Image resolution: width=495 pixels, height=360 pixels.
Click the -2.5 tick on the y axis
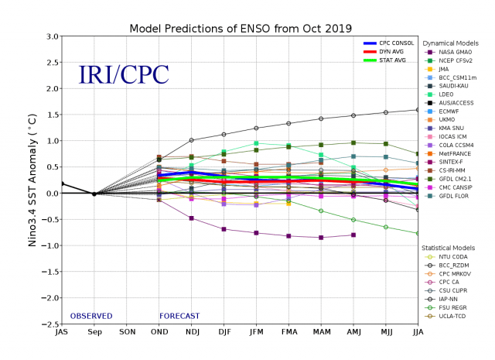[x=49, y=324]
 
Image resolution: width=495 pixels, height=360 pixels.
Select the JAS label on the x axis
[x=61, y=333]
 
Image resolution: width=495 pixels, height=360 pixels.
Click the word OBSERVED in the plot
[x=91, y=316]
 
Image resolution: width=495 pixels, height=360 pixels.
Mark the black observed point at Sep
[x=94, y=194]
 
